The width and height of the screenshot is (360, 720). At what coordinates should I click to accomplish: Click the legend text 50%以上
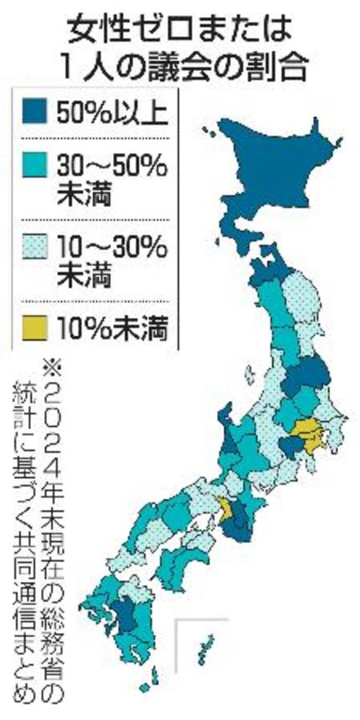109,112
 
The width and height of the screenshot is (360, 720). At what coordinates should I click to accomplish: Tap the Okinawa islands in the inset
205,645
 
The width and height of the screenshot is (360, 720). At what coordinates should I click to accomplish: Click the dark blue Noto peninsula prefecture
224,423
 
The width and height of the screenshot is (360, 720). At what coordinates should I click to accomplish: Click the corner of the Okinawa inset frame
178,621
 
